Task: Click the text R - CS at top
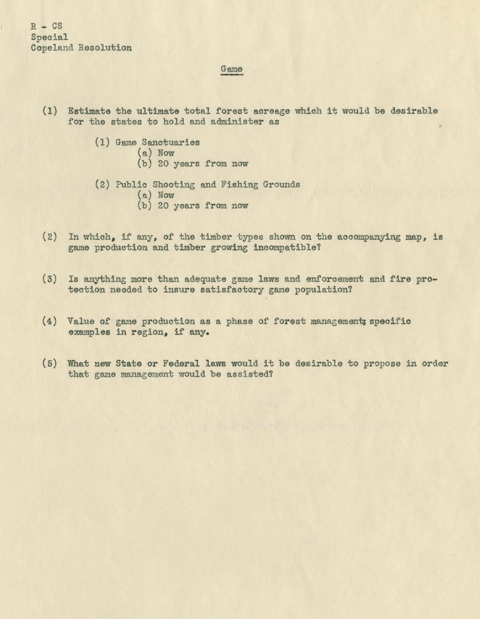point(47,26)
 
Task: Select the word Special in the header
point(50,37)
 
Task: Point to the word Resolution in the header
point(105,48)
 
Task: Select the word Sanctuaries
point(171,142)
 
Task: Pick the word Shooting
point(174,185)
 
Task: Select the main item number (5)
point(50,363)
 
